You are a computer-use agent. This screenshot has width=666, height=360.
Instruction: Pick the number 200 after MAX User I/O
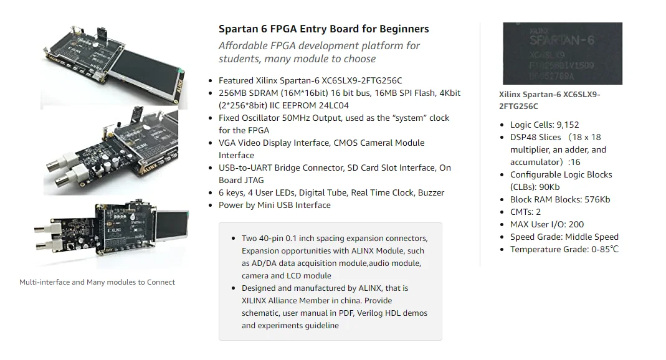tap(576, 224)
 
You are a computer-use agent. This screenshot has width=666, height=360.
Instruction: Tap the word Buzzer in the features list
tap(431, 192)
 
